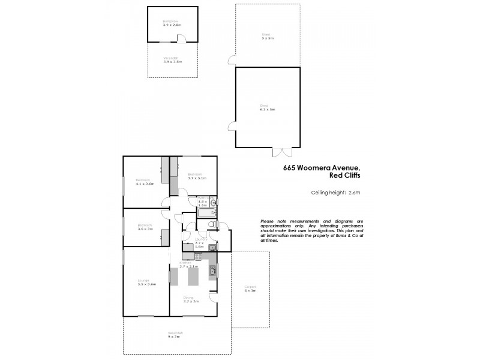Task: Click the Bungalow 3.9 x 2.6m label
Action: [x=172, y=23]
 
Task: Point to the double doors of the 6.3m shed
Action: [x=279, y=151]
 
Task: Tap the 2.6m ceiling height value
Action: [x=354, y=193]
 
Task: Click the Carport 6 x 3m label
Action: [x=250, y=289]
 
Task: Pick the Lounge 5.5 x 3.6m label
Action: [x=146, y=283]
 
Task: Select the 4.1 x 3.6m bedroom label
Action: [x=145, y=182]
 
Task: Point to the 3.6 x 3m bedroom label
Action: [x=145, y=227]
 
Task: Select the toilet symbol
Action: [x=211, y=226]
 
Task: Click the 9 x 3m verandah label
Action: [x=175, y=335]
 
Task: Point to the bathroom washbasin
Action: [x=213, y=203]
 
